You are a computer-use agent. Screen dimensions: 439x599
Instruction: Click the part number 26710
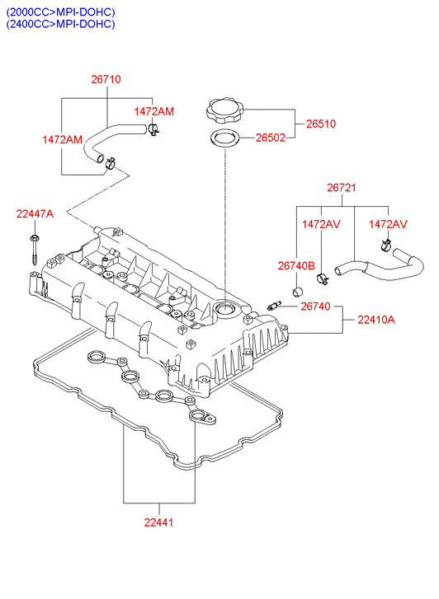[106, 79]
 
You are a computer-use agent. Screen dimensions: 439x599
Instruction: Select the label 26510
[321, 124]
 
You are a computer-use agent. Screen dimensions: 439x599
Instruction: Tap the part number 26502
[270, 138]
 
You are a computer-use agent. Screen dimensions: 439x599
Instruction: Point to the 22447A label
[35, 214]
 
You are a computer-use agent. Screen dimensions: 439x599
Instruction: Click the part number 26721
[342, 188]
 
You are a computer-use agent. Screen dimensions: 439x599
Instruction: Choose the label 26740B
[296, 265]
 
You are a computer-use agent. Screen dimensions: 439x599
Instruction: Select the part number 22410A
[375, 320]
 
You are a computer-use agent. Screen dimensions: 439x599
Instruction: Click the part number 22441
[158, 522]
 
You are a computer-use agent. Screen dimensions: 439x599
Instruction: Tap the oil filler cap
[225, 110]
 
